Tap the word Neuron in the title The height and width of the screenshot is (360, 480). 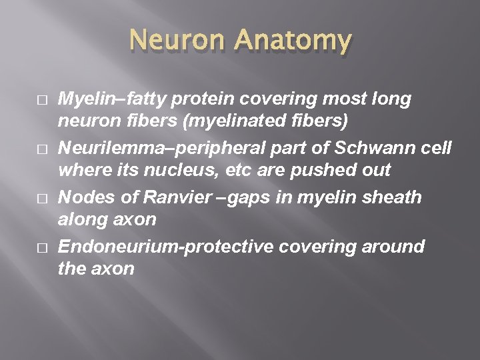pos(180,41)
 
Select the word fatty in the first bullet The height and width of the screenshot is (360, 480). pos(141,99)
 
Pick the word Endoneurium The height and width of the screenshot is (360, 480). pos(119,246)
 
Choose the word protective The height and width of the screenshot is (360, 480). pos(235,246)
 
